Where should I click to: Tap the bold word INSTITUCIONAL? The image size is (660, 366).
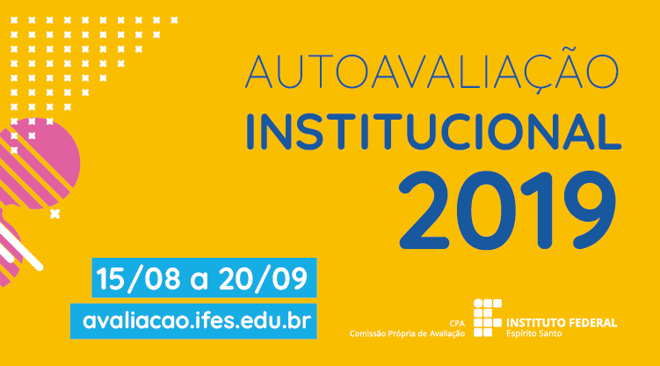coord(433,132)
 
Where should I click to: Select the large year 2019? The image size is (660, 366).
coord(507,209)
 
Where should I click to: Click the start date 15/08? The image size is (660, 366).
coord(138,278)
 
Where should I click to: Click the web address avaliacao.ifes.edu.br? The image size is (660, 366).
coord(197,321)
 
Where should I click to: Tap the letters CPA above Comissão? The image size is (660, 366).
coord(457,324)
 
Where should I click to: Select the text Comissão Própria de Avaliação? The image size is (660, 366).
coord(407,333)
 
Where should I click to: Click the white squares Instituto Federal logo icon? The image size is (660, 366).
coord(488,318)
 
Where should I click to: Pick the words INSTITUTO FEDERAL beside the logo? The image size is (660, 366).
coord(562,323)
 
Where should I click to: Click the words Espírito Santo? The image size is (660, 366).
coord(533,333)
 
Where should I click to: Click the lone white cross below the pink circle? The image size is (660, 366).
coord(54,214)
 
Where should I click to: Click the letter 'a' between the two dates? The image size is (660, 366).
coord(199,282)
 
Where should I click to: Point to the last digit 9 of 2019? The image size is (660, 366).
coord(590,209)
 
